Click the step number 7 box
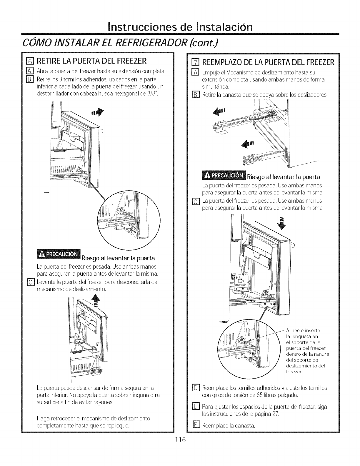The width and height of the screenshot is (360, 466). pyautogui.click(x=194, y=62)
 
